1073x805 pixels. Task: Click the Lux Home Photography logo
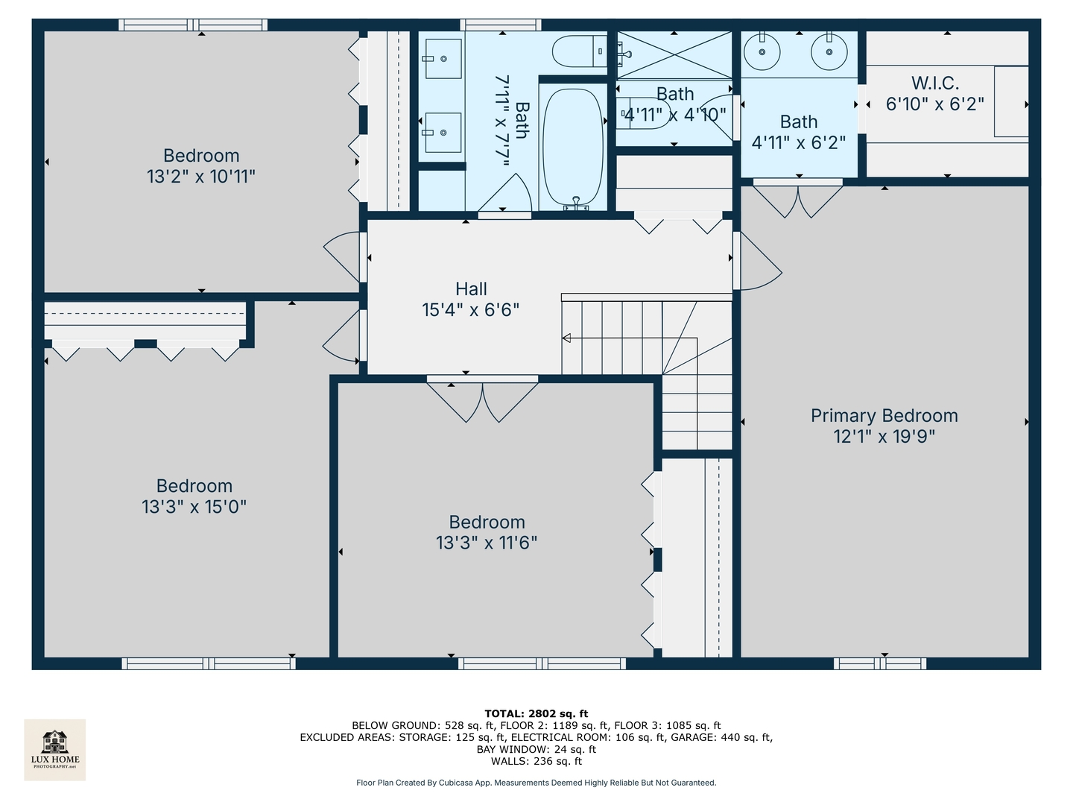click(54, 749)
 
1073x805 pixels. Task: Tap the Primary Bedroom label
click(884, 416)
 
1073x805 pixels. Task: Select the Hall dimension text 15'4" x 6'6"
click(470, 309)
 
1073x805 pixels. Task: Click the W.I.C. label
click(934, 83)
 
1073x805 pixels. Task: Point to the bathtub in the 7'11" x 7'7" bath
click(572, 146)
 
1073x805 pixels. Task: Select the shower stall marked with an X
click(674, 55)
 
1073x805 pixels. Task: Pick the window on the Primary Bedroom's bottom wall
click(880, 663)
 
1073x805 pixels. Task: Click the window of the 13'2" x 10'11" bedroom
click(193, 25)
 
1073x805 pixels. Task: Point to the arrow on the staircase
click(566, 338)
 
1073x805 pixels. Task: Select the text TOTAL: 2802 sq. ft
click(536, 713)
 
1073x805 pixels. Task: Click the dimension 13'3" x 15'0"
click(194, 507)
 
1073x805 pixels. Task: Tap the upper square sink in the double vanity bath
click(443, 58)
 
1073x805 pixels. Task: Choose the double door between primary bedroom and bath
click(797, 198)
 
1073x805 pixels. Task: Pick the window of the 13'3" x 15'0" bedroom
click(209, 663)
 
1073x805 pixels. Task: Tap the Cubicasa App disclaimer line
click(536, 783)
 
